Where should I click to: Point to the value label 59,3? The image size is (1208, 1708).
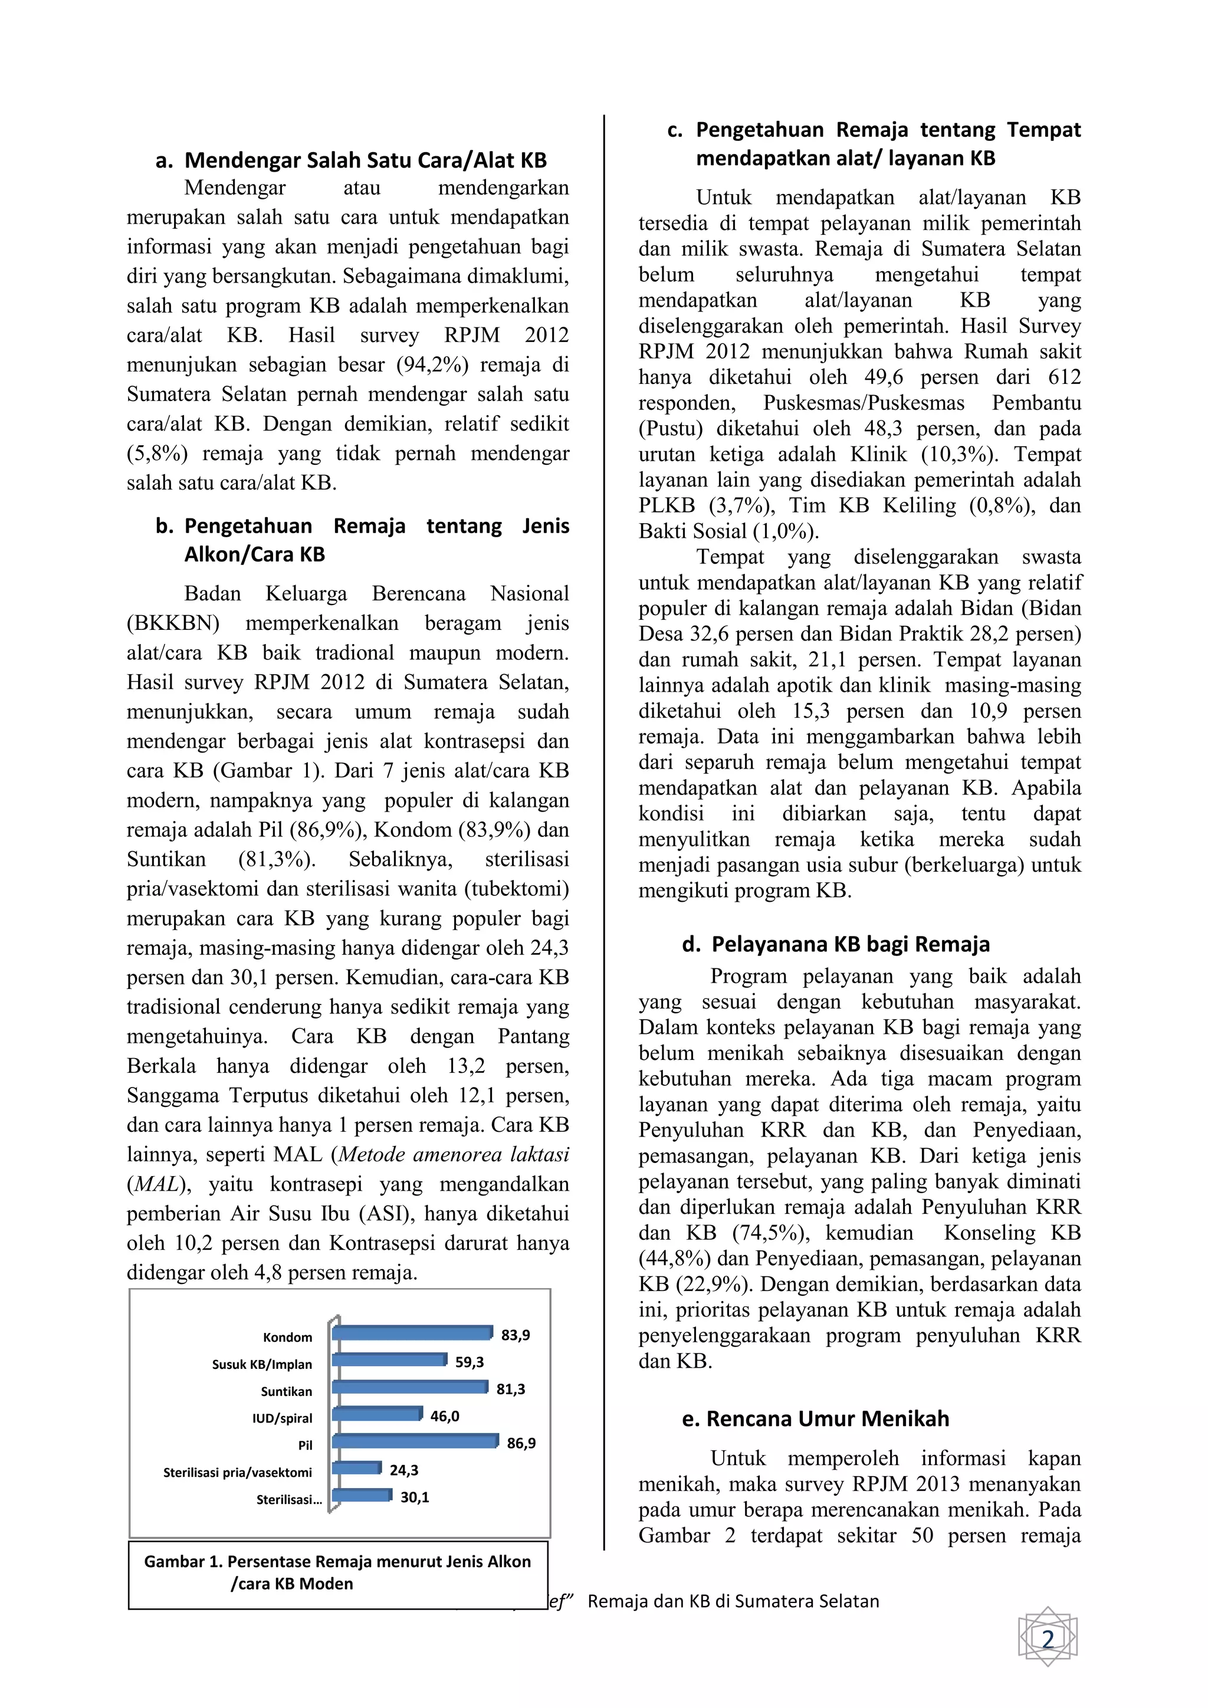[470, 1361]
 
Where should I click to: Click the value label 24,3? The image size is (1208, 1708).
[404, 1470]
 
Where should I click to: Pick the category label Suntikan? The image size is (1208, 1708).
[287, 1391]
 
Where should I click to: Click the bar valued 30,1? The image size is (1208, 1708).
[362, 1495]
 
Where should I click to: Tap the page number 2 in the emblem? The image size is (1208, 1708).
[1048, 1640]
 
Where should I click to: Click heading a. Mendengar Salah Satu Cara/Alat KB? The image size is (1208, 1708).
[351, 160]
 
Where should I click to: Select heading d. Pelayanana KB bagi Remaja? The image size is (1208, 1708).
[835, 944]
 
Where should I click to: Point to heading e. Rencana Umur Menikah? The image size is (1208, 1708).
[815, 1418]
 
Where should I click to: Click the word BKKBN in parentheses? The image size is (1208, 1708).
[173, 623]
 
